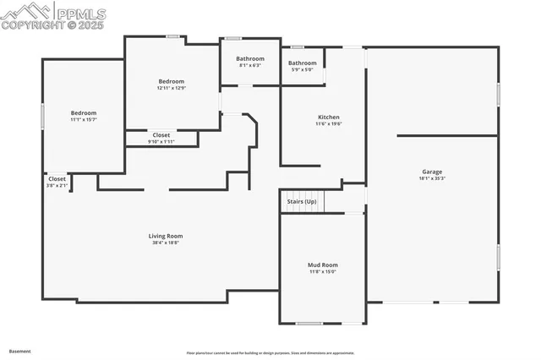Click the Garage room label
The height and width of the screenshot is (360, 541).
click(x=432, y=172)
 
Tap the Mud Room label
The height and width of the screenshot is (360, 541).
click(x=322, y=265)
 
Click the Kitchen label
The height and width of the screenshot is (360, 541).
click(x=328, y=117)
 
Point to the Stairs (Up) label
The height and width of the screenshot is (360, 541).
click(x=302, y=201)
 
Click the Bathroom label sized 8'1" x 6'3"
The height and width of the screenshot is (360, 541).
click(x=249, y=58)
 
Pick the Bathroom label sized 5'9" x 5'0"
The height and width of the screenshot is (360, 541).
click(x=302, y=63)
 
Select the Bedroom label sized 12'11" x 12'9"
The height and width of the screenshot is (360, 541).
click(x=171, y=81)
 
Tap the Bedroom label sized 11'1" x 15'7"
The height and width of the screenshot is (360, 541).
click(x=83, y=112)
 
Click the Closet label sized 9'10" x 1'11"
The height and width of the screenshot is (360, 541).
click(x=161, y=135)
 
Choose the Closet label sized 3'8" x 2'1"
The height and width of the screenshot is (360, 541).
click(x=57, y=178)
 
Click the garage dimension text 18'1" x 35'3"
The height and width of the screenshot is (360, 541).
click(x=432, y=178)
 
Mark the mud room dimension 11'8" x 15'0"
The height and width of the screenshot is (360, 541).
click(x=322, y=271)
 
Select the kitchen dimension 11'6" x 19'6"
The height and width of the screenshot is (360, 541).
click(x=328, y=123)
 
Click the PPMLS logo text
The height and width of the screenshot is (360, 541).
click(x=83, y=12)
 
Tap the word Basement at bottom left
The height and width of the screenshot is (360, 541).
click(x=20, y=350)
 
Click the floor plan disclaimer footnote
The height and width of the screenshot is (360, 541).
click(x=270, y=353)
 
